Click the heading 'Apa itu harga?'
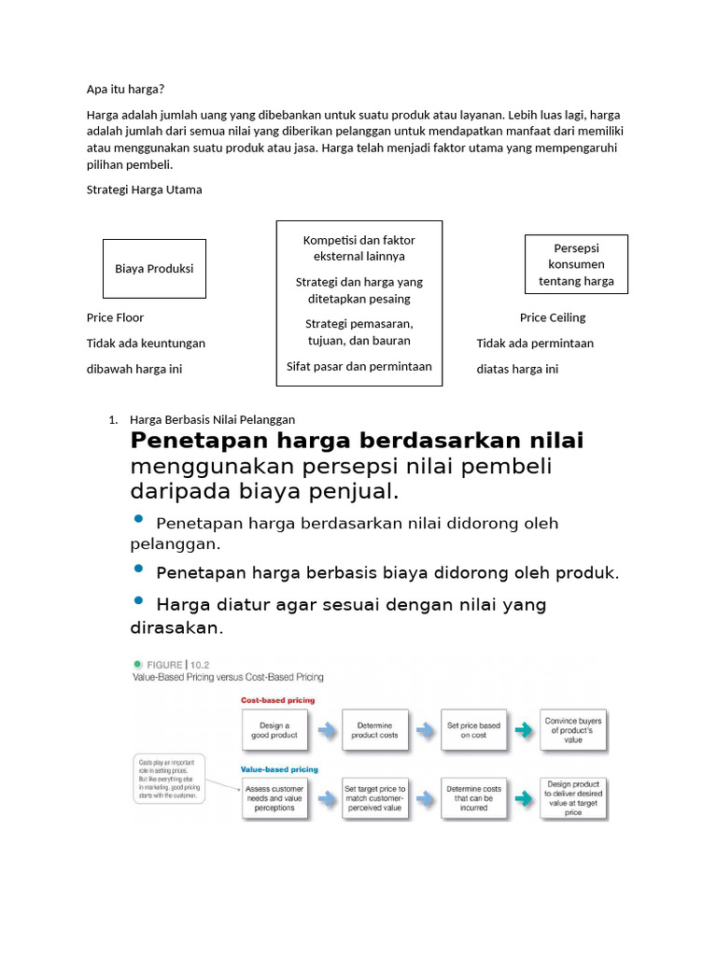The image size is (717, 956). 125,90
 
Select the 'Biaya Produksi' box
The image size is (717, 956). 154,268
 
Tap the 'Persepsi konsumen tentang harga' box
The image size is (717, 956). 576,264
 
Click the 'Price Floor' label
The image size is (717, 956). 115,317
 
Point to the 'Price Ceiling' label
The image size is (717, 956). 553,317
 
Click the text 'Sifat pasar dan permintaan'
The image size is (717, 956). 358,366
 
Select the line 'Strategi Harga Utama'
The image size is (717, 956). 144,190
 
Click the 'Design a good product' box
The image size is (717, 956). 274,730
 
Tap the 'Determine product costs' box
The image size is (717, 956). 374,730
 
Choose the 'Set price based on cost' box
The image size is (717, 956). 473,730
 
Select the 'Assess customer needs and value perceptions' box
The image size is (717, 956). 274,800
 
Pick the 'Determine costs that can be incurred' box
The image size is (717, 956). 473,800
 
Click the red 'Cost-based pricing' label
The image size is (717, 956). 277,699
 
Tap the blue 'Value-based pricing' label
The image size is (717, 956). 279,770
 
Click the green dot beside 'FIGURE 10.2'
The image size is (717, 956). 137,665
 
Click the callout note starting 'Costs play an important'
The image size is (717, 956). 170,780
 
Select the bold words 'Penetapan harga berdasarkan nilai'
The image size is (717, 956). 357,440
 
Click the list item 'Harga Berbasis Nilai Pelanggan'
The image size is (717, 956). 212,419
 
